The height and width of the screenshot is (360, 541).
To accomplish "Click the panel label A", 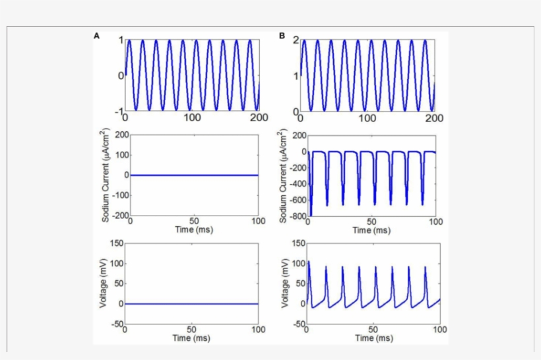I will click(97, 36).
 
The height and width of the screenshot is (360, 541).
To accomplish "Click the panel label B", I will click(282, 36).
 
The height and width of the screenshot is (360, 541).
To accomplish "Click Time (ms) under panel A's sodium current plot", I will click(193, 229).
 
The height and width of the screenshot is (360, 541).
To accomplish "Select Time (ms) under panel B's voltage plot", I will click(373, 338).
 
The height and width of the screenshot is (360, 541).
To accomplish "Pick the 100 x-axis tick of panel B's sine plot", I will click(367, 117).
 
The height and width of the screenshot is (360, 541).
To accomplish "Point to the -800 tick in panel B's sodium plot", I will click(297, 216).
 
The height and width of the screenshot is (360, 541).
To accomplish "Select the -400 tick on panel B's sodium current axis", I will click(297, 183).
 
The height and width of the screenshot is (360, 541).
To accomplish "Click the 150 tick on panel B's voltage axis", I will click(298, 244).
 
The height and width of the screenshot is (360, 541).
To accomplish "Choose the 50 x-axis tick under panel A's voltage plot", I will click(191, 330).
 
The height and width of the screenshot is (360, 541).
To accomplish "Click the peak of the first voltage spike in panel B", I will click(308, 262).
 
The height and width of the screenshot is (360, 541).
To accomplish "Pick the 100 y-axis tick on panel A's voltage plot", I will click(117, 264).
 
